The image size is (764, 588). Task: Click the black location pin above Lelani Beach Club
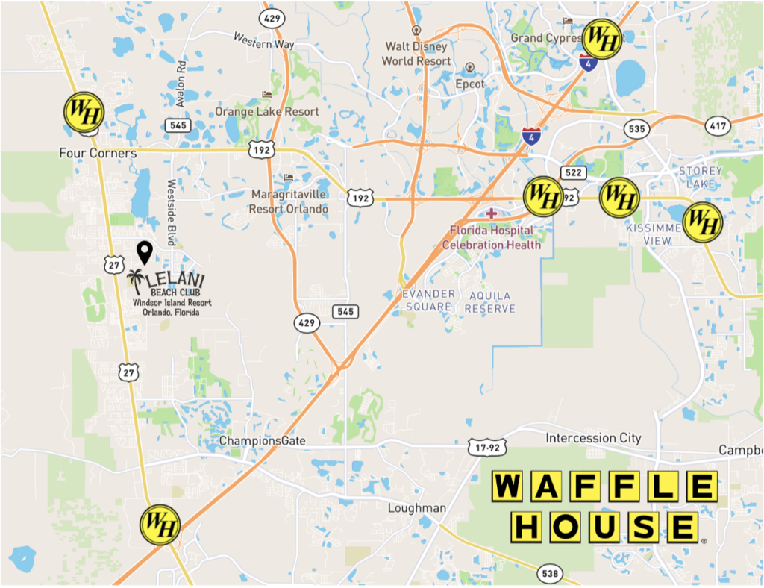[145, 252]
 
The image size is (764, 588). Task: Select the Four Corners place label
[98, 153]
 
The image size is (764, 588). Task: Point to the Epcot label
[470, 84]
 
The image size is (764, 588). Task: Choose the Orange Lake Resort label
[266, 112]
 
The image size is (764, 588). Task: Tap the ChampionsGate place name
[262, 441]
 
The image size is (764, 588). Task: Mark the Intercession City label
[593, 438]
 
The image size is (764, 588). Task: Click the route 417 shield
[718, 126]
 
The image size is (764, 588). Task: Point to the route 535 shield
[636, 129]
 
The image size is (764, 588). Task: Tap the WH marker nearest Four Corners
[84, 113]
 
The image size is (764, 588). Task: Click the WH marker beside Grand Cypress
[601, 40]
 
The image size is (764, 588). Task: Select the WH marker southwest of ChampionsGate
[160, 525]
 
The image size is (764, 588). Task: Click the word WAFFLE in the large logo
[604, 487]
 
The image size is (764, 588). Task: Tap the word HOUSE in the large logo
[604, 527]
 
